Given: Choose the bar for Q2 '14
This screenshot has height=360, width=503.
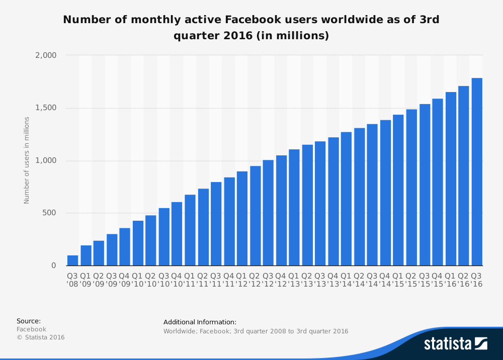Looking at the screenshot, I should tap(359, 197).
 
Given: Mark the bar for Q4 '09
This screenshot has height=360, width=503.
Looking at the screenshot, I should tap(125, 246).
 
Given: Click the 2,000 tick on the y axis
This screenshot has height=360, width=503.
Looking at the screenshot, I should tap(46, 55).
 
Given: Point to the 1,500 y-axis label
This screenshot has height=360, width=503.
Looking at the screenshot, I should tap(46, 108).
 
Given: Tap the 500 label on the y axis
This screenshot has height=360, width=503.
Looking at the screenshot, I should tap(49, 213).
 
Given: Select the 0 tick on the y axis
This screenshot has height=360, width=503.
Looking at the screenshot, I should tap(54, 265).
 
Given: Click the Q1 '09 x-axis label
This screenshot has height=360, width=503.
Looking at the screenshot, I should tap(86, 280).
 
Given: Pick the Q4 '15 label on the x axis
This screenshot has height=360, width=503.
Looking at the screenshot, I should tap(438, 280).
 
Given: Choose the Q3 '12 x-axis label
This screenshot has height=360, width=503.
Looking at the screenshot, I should tap(268, 280).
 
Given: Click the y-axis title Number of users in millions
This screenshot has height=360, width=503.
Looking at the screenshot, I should tap(27, 160).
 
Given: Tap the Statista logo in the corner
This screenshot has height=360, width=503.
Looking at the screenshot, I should tap(455, 343).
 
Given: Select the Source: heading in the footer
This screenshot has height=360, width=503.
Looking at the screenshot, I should tap(29, 321).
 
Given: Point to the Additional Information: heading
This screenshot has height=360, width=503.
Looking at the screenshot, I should tap(200, 322).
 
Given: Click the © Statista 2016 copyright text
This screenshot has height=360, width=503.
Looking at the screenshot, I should tap(41, 337).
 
